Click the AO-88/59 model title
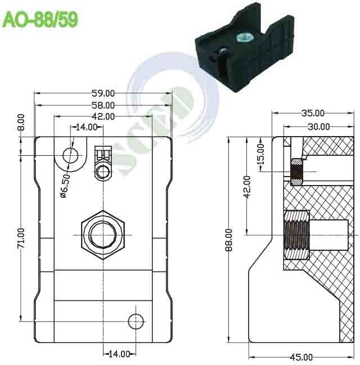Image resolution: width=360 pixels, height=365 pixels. click(40, 20)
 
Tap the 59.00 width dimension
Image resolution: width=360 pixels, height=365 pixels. click(103, 93)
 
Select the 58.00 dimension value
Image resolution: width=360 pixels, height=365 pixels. click(103, 105)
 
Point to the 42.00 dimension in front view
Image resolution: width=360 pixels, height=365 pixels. click(103, 116)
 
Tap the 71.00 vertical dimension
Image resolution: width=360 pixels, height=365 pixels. click(21, 238)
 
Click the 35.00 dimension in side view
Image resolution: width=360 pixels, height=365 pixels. click(312, 113)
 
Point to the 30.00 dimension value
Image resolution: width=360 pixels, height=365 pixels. click(318, 127)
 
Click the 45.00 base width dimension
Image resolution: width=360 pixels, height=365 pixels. click(301, 357)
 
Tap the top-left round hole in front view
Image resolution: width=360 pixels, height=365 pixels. click(71, 155)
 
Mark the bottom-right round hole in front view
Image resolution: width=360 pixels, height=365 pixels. click(136, 321)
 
